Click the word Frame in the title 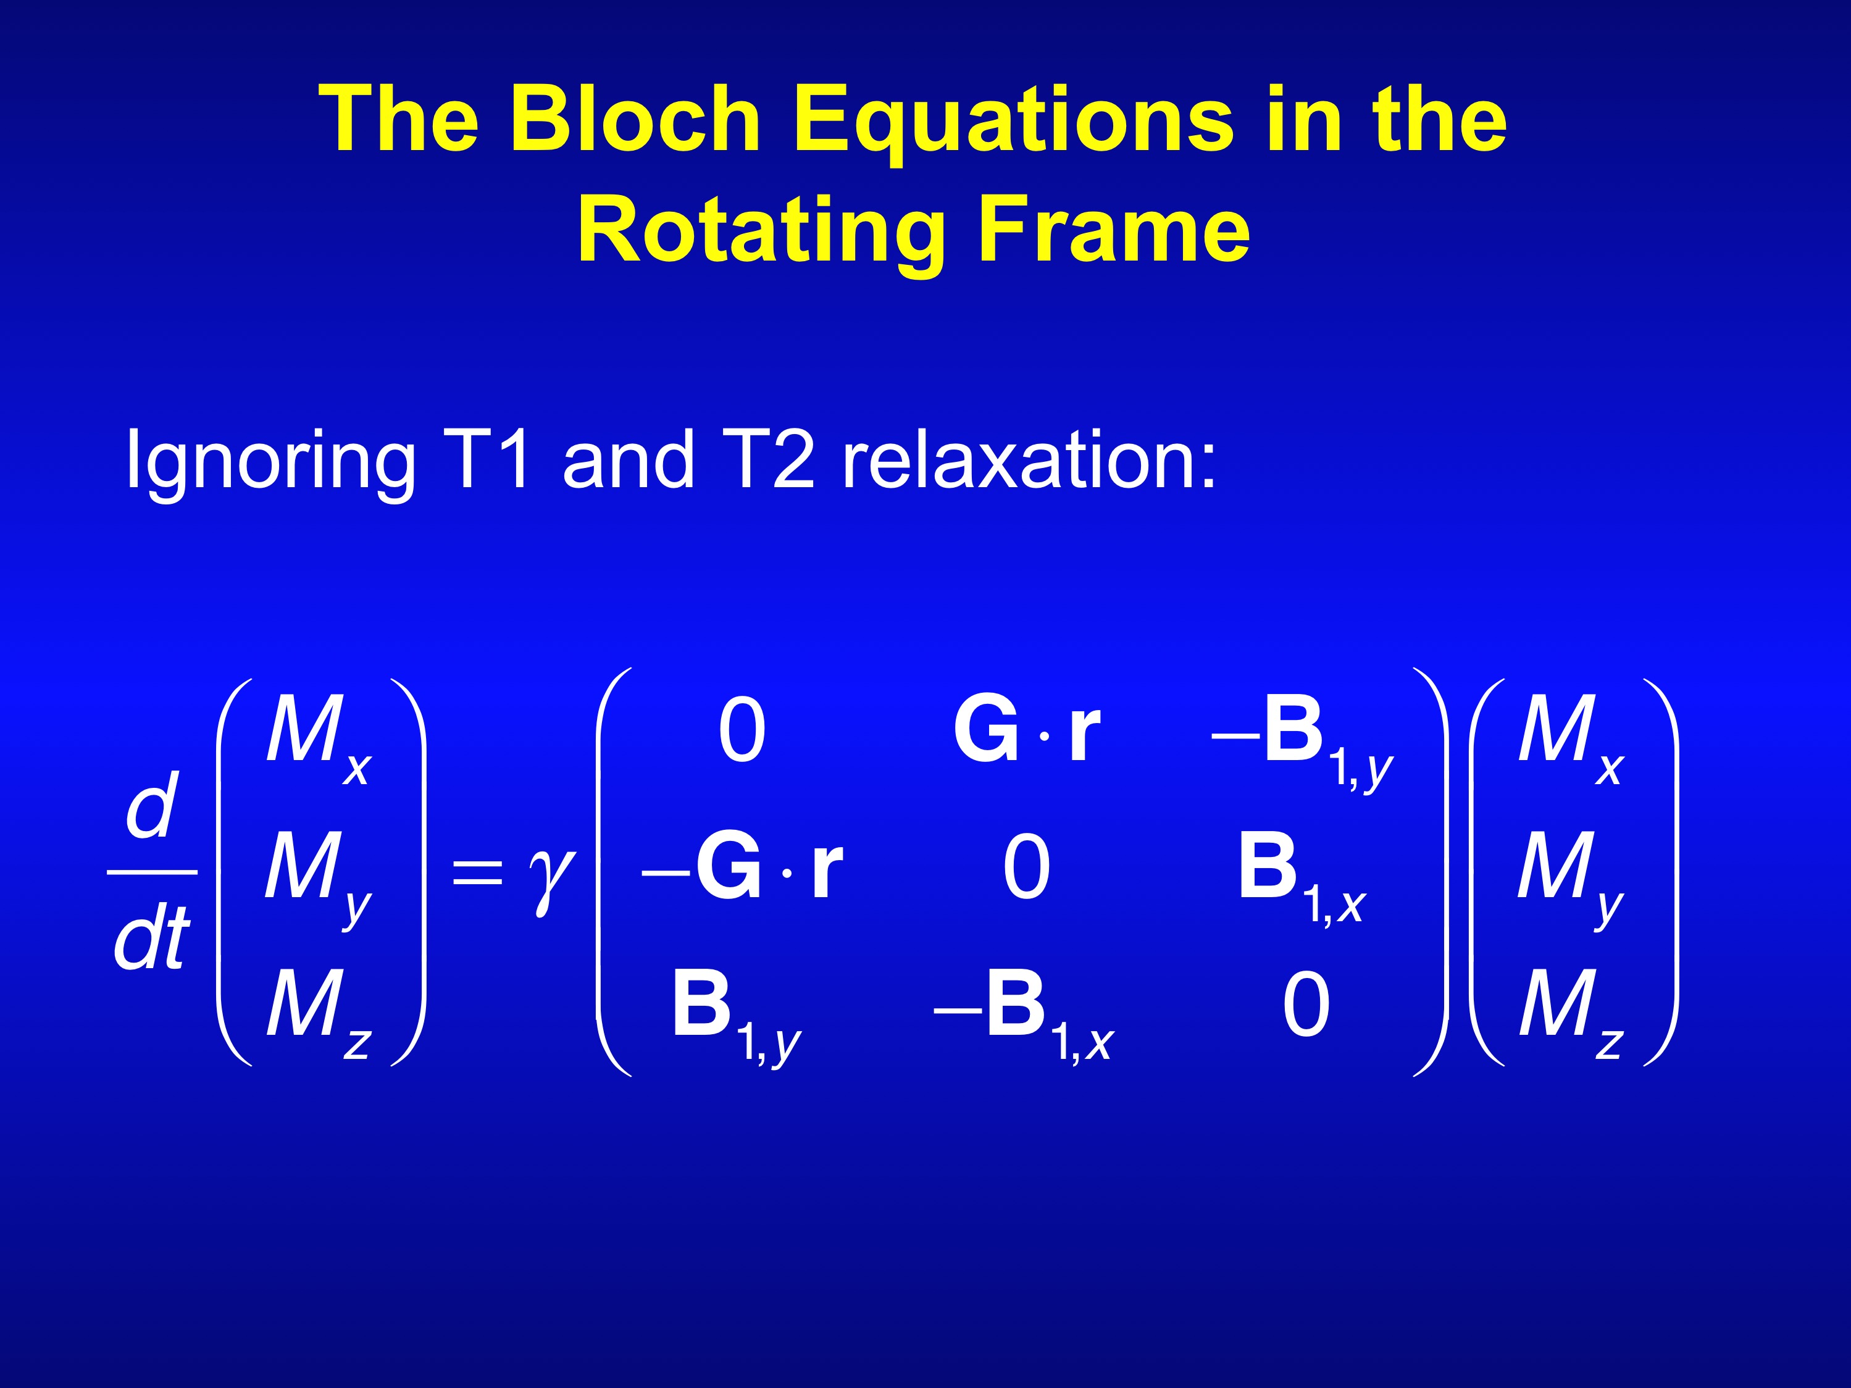[x=1114, y=228]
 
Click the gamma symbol [x=551, y=879]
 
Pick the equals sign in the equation [x=477, y=871]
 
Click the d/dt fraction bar [x=153, y=872]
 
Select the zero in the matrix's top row [x=742, y=730]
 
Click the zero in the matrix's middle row [x=1026, y=867]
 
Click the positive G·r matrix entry [x=1026, y=730]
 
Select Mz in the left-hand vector [x=319, y=1013]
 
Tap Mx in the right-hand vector [x=1571, y=740]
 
